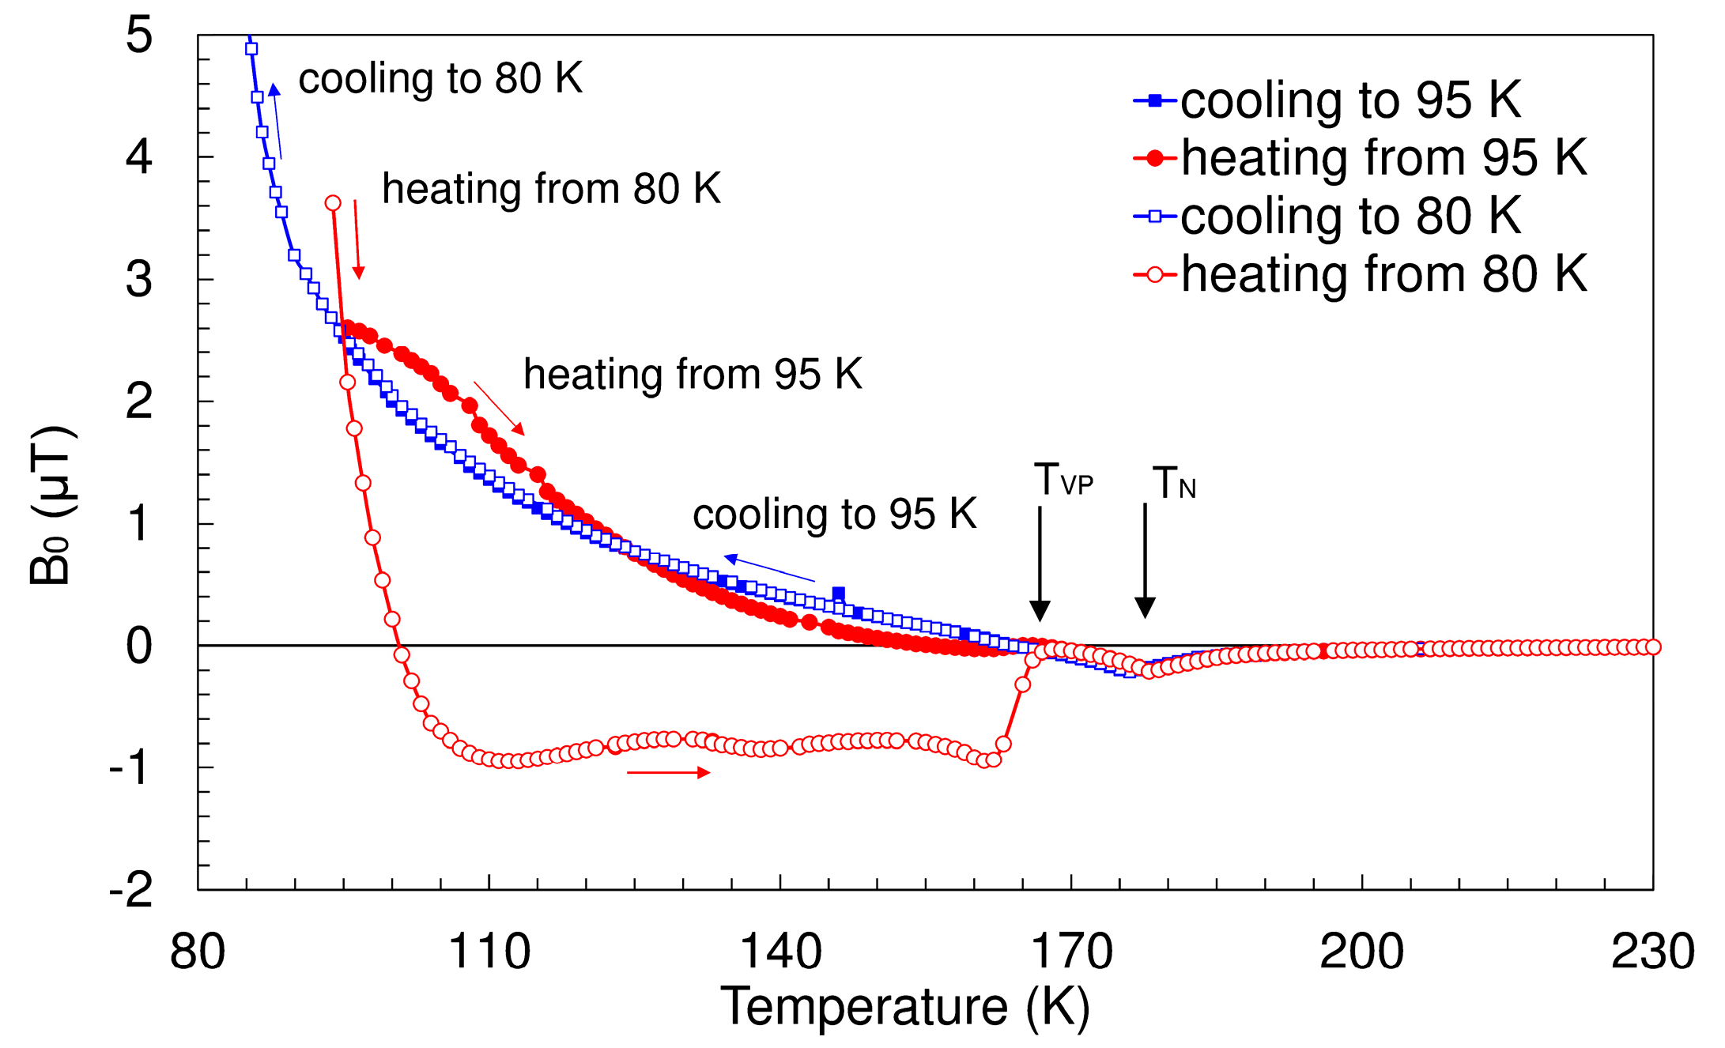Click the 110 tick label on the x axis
click(x=489, y=952)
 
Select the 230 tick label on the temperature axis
click(x=1652, y=952)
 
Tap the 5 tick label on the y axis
click(x=139, y=36)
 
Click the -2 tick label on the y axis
click(x=131, y=891)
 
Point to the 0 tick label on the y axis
click(x=139, y=646)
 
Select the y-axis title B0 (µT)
click(x=52, y=506)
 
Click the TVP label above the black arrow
click(x=1063, y=480)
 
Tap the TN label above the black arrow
click(x=1173, y=483)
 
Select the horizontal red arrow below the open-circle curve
click(x=668, y=772)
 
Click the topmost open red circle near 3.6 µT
click(x=333, y=203)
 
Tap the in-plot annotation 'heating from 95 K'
click(x=693, y=374)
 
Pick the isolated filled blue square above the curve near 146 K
click(x=839, y=594)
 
